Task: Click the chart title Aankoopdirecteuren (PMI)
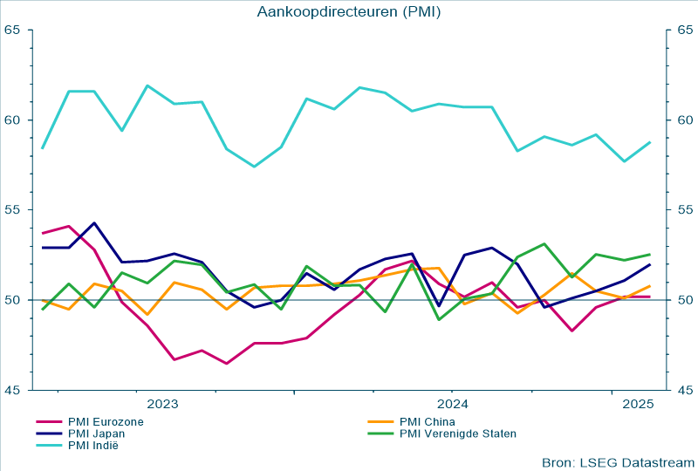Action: click(349, 11)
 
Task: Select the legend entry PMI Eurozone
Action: click(106, 421)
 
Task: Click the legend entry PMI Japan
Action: click(96, 433)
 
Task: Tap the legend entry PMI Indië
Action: click(92, 446)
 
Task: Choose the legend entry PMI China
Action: click(428, 421)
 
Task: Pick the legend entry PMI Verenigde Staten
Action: click(457, 433)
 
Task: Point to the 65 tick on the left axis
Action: click(12, 31)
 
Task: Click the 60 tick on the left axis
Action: click(12, 120)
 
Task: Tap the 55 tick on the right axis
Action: click(684, 210)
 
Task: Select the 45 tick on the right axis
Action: click(684, 390)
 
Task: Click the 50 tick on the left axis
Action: click(12, 300)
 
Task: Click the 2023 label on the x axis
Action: click(162, 404)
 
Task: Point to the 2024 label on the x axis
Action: click(453, 404)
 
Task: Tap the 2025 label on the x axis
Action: click(638, 404)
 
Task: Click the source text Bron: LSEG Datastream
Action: click(617, 461)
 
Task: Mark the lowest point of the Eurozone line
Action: click(227, 364)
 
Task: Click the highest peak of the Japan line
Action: click(94, 223)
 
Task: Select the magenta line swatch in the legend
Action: click(48, 421)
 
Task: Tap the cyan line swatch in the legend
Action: click(48, 446)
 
